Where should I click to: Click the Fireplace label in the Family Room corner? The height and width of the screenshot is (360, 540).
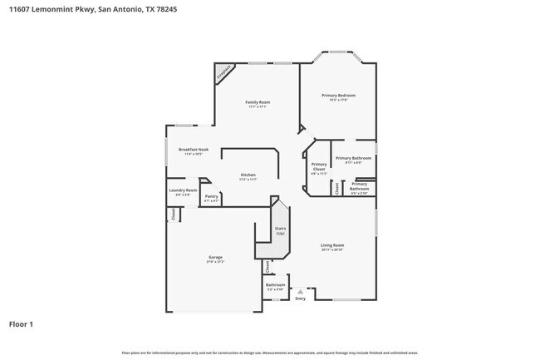pyautogui.click(x=223, y=73)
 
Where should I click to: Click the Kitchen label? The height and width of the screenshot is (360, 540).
pyautogui.click(x=248, y=175)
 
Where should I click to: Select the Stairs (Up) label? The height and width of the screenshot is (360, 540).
pyautogui.click(x=280, y=230)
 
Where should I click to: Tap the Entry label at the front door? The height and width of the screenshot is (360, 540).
pyautogui.click(x=300, y=299)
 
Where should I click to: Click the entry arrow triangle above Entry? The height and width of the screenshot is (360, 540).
pyautogui.click(x=300, y=292)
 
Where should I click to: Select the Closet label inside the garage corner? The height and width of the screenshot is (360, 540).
pyautogui.click(x=174, y=214)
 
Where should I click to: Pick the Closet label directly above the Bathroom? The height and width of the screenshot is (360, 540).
pyautogui.click(x=268, y=267)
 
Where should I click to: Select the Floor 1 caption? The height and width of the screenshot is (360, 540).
pyautogui.click(x=21, y=323)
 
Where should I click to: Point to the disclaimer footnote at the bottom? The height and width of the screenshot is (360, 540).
pyautogui.click(x=269, y=353)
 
